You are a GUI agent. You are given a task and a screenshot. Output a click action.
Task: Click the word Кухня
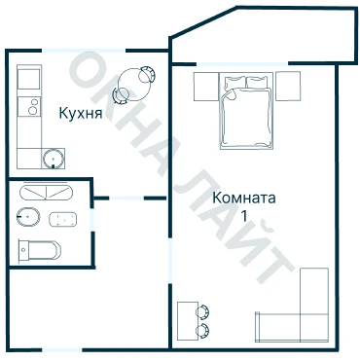coord(81,113)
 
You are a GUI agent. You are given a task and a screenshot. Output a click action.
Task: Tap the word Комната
coord(244,198)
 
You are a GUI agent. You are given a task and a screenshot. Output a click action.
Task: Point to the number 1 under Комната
coord(244,215)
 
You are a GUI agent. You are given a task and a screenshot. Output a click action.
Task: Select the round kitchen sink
coord(53,159)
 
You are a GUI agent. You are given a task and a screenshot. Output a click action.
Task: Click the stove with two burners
coord(29,106)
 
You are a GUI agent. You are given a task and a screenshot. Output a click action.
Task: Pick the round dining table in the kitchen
coord(133,85)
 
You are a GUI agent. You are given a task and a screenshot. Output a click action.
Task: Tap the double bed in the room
coord(246,111)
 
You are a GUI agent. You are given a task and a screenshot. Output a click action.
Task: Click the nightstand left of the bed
coord(206,87)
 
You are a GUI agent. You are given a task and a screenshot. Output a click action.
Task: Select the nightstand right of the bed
coord(288,87)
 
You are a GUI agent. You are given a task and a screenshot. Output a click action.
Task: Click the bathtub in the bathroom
coord(46,193)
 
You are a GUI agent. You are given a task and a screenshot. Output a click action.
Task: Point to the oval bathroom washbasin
coord(28,216)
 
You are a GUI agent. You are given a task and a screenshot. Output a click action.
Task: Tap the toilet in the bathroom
coord(40,250)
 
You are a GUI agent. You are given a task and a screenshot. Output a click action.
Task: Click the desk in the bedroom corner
coord(188,321)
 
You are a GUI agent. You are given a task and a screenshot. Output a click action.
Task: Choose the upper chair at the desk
coord(203,312)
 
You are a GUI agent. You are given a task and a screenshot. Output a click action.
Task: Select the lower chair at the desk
coord(203,331)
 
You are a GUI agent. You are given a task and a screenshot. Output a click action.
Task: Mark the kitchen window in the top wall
coord(84,51)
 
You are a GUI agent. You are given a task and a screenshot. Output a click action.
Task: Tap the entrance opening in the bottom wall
coord(62,350)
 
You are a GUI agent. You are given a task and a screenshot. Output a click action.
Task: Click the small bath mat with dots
coord(63,219)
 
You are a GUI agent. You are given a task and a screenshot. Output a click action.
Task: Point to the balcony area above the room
coord(264,36)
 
